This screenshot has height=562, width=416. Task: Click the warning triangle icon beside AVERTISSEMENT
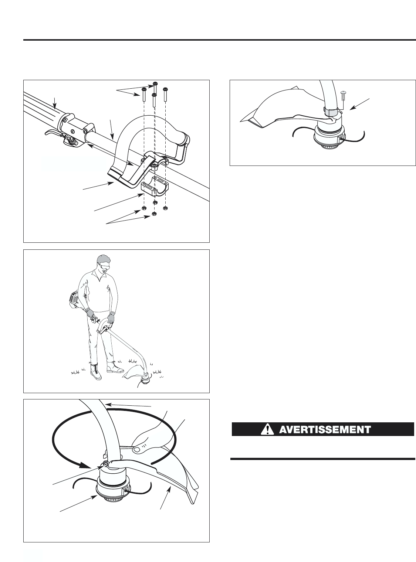(267, 429)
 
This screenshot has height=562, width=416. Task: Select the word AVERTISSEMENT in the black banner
(325, 429)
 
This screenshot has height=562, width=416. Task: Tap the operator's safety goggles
(105, 265)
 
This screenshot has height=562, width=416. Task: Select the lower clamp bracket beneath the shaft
(155, 188)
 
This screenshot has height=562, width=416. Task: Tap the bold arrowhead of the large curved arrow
(85, 464)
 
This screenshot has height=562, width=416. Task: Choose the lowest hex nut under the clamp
(154, 214)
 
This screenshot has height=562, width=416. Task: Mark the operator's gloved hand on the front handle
(111, 318)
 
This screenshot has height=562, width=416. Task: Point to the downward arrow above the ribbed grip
(54, 103)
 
